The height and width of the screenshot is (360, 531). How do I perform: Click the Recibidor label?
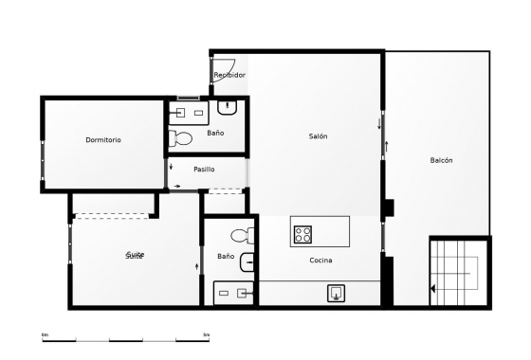(x=229, y=75)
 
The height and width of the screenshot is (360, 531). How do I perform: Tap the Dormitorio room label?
(x=103, y=140)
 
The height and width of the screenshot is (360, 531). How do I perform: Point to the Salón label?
(x=318, y=136)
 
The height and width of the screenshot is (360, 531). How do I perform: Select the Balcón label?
(x=441, y=160)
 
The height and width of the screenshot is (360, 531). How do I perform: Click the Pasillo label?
(x=204, y=170)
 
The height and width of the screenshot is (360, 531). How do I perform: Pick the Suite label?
(x=136, y=256)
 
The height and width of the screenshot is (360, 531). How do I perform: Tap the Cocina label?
(x=320, y=261)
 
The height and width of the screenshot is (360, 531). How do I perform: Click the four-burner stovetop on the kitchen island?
(x=303, y=233)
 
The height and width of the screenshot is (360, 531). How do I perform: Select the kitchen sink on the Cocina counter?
(x=337, y=294)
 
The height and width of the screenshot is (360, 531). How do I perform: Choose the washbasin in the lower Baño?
(x=247, y=262)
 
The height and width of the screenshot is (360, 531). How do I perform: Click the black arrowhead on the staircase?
(x=433, y=289)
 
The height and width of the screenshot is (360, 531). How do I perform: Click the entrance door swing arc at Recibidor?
(x=218, y=64)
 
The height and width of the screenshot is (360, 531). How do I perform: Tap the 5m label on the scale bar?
(x=207, y=334)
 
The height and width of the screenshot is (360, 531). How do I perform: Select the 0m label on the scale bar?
(x=45, y=334)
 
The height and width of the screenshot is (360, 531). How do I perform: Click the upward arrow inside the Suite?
(x=196, y=266)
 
